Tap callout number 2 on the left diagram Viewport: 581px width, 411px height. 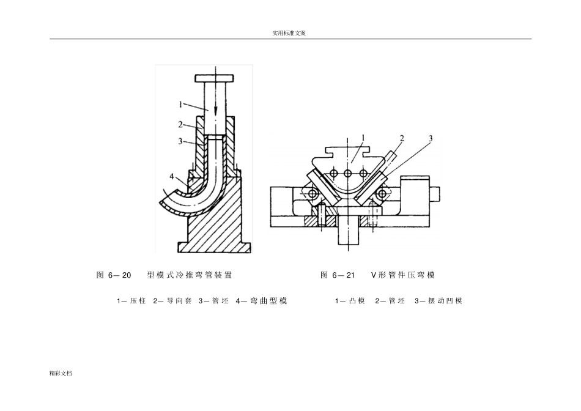pos(181,124)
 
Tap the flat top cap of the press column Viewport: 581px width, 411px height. pos(214,78)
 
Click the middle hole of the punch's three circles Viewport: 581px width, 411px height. pos(347,174)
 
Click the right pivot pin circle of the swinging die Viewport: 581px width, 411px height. pos(382,193)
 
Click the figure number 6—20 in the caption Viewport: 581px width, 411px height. pos(120,275)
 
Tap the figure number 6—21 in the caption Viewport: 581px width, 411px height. pos(343,275)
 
